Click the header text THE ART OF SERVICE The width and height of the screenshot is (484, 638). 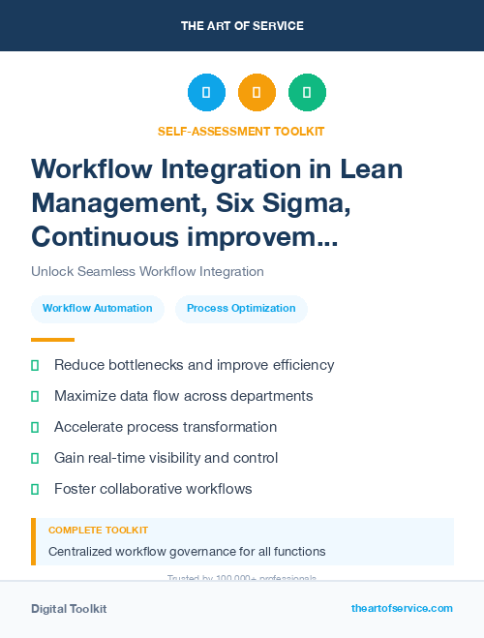[x=242, y=26]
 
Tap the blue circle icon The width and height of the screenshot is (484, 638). [x=206, y=93]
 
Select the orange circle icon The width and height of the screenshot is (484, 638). [x=257, y=93]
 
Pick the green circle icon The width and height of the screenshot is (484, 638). [x=307, y=93]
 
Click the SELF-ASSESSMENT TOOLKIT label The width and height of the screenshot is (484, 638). [x=241, y=131]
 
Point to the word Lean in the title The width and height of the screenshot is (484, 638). [x=371, y=168]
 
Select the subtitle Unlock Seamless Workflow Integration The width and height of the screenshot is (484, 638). [x=147, y=272]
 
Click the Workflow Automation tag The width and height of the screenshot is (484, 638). [x=98, y=309]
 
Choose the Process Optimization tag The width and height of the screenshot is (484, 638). [x=241, y=309]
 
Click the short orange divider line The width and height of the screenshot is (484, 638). [x=52, y=340]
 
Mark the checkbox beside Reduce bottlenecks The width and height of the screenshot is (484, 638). [x=35, y=366]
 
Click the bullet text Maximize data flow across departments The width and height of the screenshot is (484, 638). [x=183, y=396]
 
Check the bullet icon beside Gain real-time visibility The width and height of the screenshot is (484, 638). [x=35, y=458]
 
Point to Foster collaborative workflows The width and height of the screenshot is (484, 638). [x=153, y=489]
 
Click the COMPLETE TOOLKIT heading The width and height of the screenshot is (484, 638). [x=98, y=531]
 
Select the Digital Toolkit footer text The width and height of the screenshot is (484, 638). [x=69, y=609]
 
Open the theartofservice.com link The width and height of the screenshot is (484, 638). [x=402, y=608]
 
